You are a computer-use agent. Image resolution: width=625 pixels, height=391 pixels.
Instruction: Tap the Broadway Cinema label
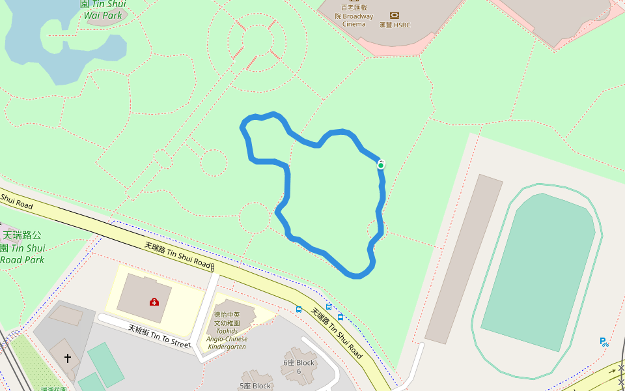tap(354, 16)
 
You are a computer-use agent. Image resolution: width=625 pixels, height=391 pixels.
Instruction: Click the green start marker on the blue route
tap(381, 166)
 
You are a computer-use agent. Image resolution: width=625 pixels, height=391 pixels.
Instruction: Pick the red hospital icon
tap(154, 302)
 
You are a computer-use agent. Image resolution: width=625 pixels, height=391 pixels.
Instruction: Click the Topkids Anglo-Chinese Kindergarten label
tap(227, 330)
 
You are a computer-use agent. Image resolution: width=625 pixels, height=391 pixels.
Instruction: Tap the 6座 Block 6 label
tap(299, 366)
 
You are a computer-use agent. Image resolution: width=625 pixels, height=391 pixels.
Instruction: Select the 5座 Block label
tap(255, 386)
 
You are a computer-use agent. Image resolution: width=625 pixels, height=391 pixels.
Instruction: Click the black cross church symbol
tap(68, 358)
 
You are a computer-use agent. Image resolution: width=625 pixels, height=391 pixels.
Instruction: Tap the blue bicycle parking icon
tap(604, 341)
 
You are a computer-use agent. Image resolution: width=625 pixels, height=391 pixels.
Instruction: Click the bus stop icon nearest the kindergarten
tap(299, 309)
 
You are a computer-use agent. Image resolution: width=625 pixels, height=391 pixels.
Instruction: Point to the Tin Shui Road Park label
tap(22, 247)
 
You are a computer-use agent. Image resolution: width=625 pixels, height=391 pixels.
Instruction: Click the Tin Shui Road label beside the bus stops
tap(336, 334)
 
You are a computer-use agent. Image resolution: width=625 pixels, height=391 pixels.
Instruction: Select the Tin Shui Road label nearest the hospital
tap(178, 255)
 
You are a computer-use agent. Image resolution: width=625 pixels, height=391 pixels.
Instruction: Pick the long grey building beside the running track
tap(464, 258)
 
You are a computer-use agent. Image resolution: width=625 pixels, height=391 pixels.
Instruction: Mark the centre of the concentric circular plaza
tap(257, 40)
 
